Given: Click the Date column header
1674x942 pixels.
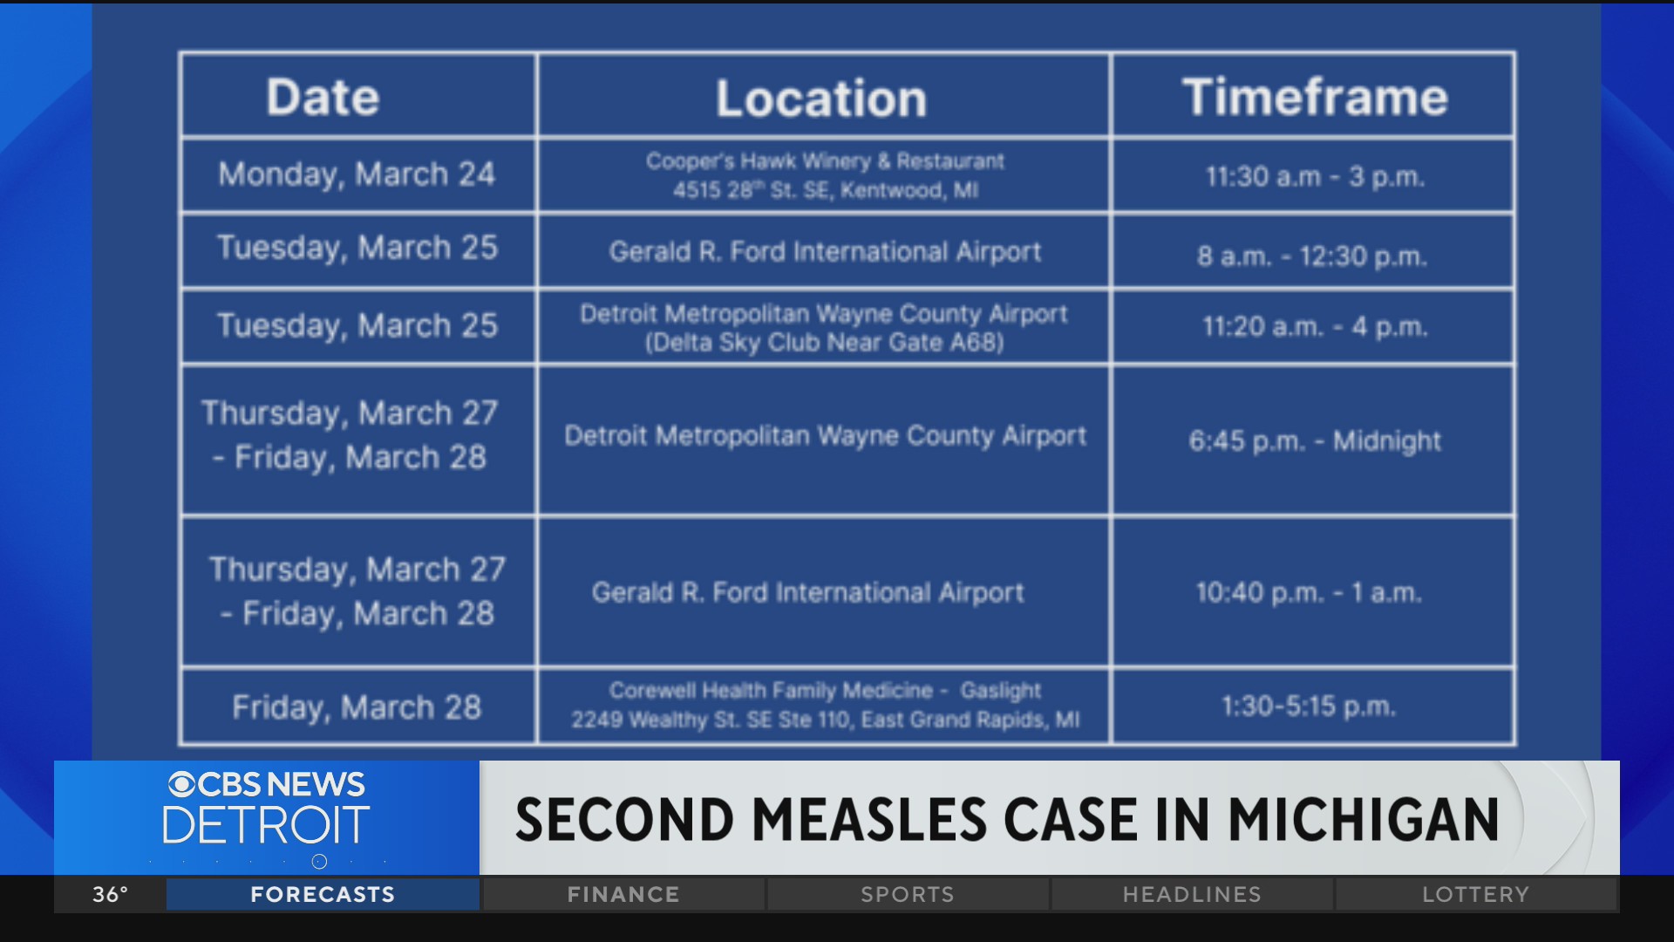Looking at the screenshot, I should pyautogui.click(x=323, y=97).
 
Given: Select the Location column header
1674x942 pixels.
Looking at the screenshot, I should pyautogui.click(x=821, y=98).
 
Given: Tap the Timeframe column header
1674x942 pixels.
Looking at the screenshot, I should pyautogui.click(x=1314, y=97).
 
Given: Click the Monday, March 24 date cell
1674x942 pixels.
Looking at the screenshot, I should pyautogui.click(x=357, y=174).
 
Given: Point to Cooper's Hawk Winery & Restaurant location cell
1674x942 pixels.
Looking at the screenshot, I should pyautogui.click(x=825, y=175).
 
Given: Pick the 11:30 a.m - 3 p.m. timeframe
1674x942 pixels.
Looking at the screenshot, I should pyautogui.click(x=1314, y=177).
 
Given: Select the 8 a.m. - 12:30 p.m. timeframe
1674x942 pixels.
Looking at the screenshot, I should pyautogui.click(x=1311, y=256).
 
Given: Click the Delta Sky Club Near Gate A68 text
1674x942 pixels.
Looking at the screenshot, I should pyautogui.click(x=825, y=343).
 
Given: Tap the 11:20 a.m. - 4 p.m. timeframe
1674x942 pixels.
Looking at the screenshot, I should pyautogui.click(x=1314, y=327).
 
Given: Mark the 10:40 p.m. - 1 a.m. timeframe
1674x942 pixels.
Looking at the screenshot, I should pyautogui.click(x=1309, y=593).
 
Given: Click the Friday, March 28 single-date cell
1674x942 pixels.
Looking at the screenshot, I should pyautogui.click(x=357, y=707).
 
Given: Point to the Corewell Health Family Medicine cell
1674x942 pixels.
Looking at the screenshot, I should pyautogui.click(x=825, y=705).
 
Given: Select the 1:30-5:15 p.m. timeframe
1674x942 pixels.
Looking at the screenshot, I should pyautogui.click(x=1308, y=706).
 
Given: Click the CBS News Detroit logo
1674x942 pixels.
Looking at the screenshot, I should pyautogui.click(x=267, y=809).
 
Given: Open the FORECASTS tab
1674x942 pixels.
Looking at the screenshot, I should pyautogui.click(x=323, y=895).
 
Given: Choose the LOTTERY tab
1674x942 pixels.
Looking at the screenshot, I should pyautogui.click(x=1475, y=895).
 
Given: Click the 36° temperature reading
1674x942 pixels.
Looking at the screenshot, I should pyautogui.click(x=111, y=895).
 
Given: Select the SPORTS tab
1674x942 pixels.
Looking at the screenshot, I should pyautogui.click(x=908, y=895).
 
